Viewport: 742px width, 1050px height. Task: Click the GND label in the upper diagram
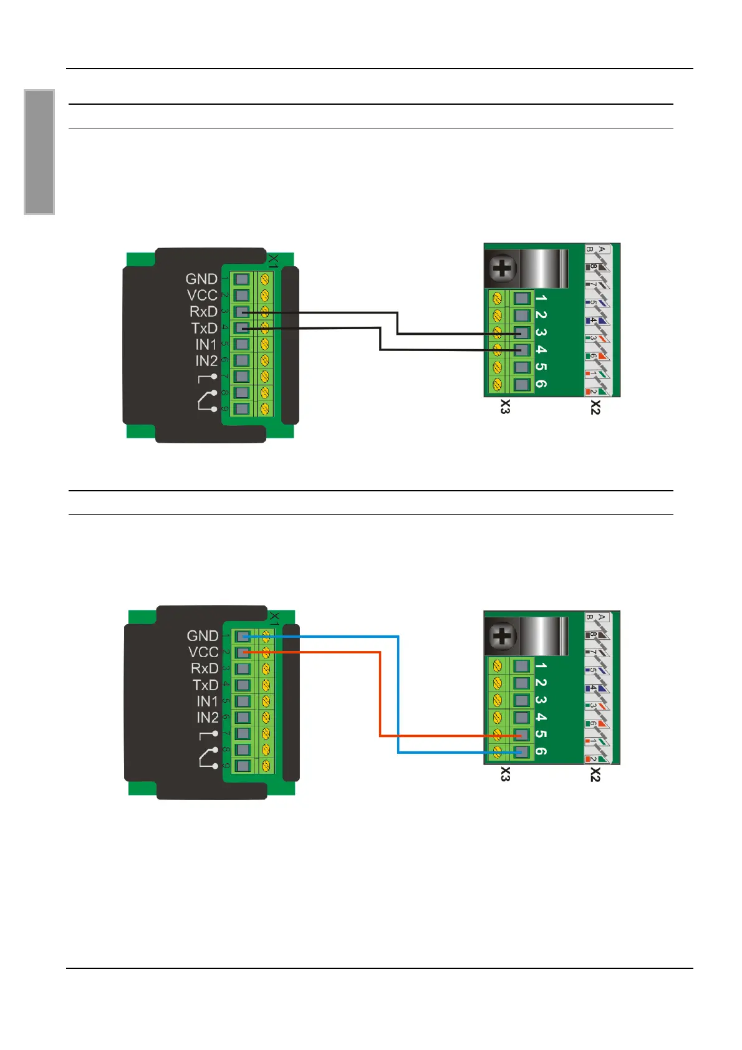pyautogui.click(x=201, y=279)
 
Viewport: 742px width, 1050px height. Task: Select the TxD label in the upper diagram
pyautogui.click(x=204, y=328)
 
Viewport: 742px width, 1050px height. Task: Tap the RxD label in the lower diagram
pyautogui.click(x=205, y=668)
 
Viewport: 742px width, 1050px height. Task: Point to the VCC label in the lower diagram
pyautogui.click(x=203, y=652)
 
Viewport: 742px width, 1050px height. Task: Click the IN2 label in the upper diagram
pyautogui.click(x=206, y=360)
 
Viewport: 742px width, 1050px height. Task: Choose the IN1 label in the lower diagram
pyautogui.click(x=208, y=701)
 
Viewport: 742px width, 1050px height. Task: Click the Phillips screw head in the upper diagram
pyautogui.click(x=502, y=269)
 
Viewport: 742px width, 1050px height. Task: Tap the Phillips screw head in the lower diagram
pyautogui.click(x=502, y=637)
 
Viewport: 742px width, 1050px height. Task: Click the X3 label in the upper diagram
pyautogui.click(x=505, y=407)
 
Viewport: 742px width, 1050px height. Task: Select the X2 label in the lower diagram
pyautogui.click(x=595, y=775)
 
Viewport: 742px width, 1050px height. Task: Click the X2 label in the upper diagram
pyautogui.click(x=595, y=407)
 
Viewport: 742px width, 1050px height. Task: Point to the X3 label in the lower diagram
pyautogui.click(x=505, y=775)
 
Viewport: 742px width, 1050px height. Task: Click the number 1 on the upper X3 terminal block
pyautogui.click(x=541, y=299)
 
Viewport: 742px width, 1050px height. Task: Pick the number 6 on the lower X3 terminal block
pyautogui.click(x=541, y=751)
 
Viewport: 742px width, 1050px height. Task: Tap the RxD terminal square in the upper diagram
pyautogui.click(x=242, y=312)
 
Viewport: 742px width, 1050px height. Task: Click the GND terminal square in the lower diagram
pyautogui.click(x=243, y=637)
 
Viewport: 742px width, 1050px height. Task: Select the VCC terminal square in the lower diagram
pyautogui.click(x=243, y=652)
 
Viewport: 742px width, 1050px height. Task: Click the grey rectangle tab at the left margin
pyautogui.click(x=39, y=152)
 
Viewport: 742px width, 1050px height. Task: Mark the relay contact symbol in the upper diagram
pyautogui.click(x=208, y=400)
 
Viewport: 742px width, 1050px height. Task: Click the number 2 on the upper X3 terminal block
pyautogui.click(x=541, y=315)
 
